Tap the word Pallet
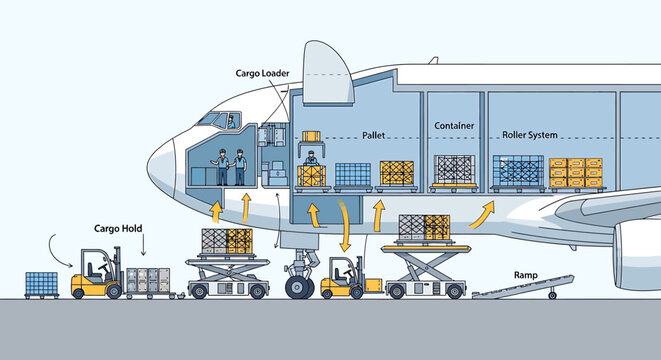click(373, 132)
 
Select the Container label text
click(453, 127)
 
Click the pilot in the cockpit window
click(231, 122)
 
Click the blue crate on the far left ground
click(41, 284)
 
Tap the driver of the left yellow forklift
click(97, 270)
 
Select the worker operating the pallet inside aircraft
click(311, 160)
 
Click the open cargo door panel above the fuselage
click(329, 76)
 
